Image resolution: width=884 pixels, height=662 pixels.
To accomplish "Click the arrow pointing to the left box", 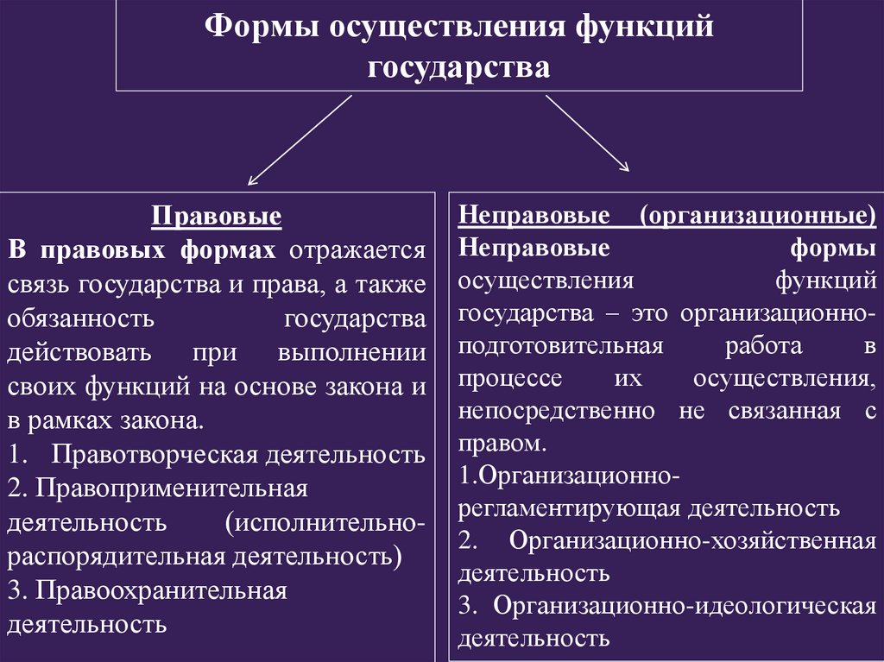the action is pyautogui.click(x=300, y=140).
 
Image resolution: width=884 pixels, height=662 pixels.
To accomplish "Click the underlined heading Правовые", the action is pyautogui.click(x=217, y=216).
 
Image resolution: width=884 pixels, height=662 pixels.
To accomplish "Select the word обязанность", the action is pyautogui.click(x=81, y=318).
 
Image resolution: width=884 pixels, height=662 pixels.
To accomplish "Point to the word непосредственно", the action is pyautogui.click(x=557, y=411).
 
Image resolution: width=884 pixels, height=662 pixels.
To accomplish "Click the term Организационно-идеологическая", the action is pyautogui.click(x=685, y=605).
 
